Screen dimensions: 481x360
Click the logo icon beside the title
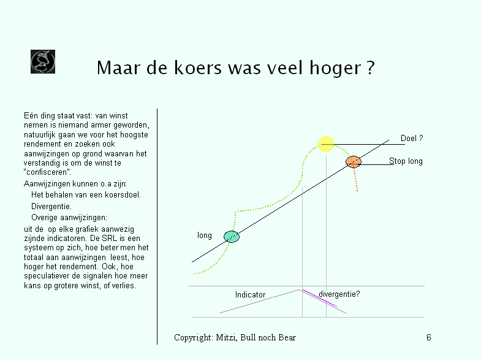[x=43, y=61]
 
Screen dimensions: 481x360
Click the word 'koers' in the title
[x=197, y=67]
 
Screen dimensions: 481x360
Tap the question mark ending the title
[x=371, y=67]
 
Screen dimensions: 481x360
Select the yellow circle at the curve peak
[x=326, y=144]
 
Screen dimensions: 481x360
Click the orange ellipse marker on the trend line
[x=354, y=162]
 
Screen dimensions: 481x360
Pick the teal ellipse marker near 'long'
[x=231, y=237]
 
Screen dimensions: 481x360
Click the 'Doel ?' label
[x=412, y=138]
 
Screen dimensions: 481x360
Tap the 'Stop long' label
[x=406, y=161]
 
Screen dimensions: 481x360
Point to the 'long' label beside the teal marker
[x=204, y=236]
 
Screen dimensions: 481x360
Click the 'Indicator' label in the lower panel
[x=250, y=294]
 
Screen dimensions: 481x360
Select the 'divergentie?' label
[x=339, y=294]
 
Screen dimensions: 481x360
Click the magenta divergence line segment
[x=320, y=298]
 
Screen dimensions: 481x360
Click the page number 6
[x=429, y=337]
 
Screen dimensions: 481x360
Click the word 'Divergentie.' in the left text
[x=51, y=206]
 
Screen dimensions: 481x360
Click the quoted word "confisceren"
[x=47, y=172]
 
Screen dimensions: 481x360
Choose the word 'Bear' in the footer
[x=287, y=337]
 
